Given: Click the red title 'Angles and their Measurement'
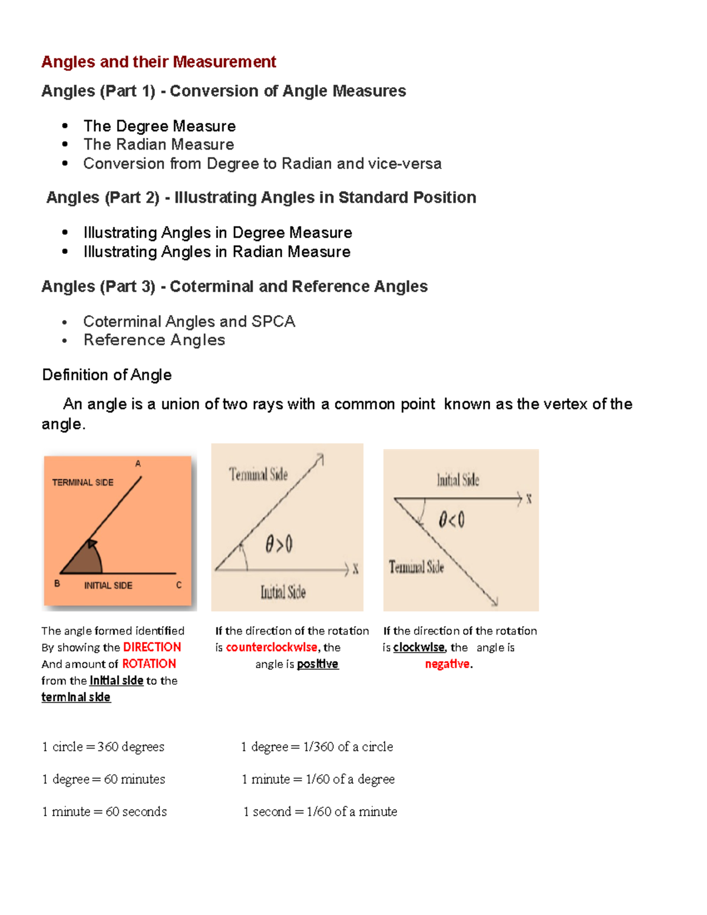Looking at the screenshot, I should click(x=158, y=62).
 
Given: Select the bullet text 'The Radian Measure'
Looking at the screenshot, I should click(x=158, y=144).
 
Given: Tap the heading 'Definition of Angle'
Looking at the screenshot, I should click(x=107, y=375).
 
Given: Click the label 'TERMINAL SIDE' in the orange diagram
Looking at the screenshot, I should click(x=82, y=483).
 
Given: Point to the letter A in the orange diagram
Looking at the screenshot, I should click(x=138, y=464).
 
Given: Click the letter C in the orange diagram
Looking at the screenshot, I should click(x=179, y=585).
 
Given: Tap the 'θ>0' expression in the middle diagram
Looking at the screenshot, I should click(x=279, y=544).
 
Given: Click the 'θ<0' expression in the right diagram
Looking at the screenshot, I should click(x=451, y=520).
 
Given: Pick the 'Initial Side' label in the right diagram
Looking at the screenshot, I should click(x=458, y=480).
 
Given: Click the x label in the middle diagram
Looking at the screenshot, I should click(x=355, y=569).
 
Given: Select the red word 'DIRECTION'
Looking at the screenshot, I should click(x=151, y=647).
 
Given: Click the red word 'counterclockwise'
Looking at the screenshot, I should click(x=272, y=647).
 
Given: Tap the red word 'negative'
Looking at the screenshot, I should click(x=447, y=664).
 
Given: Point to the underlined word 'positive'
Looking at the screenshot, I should click(x=318, y=664).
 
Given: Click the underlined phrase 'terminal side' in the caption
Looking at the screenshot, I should click(x=76, y=697).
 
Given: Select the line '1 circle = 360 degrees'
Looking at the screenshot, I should click(x=103, y=746).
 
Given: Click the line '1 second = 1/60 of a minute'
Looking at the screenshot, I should click(x=320, y=811).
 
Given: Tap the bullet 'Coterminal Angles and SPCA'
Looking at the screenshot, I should click(x=189, y=321).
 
